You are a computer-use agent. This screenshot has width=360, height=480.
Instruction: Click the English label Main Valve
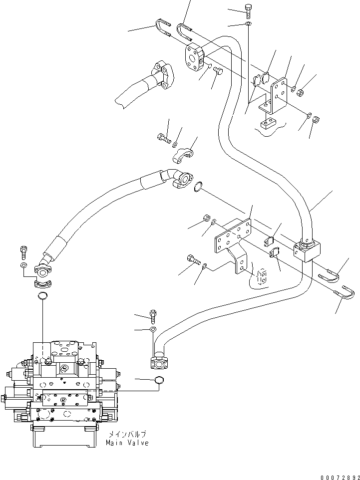tap(127, 443)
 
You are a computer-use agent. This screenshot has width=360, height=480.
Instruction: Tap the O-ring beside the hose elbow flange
tap(198, 187)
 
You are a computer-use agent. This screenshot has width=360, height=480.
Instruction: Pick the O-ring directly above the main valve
tap(43, 298)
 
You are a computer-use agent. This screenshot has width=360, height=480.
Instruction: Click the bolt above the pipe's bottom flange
tap(153, 315)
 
